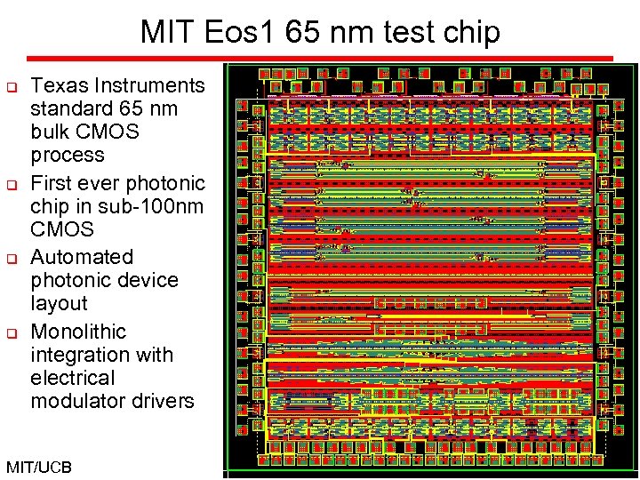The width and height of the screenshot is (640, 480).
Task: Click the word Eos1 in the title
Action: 252,33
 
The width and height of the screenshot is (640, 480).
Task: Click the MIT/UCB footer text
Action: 38,467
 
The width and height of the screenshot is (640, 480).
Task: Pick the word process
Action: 68,156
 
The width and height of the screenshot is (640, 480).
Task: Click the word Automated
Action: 82,257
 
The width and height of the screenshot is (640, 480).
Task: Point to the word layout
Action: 59,303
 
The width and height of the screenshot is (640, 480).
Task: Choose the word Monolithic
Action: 78,332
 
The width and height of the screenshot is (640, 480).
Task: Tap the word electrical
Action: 74,378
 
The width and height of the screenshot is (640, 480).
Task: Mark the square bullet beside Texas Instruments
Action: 13,87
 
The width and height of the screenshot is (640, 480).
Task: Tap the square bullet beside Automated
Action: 13,259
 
